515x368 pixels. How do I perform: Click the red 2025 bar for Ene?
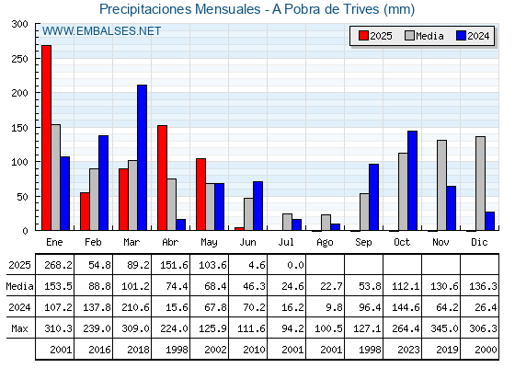click(46, 138)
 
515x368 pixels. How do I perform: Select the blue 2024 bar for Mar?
click(143, 157)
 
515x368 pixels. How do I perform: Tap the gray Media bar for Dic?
click(480, 183)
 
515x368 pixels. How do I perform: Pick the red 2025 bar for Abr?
click(162, 178)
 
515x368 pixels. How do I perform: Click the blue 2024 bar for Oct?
click(413, 180)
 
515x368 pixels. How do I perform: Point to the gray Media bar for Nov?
click(441, 185)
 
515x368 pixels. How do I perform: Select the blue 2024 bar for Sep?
click(373, 197)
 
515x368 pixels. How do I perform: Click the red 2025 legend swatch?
click(363, 36)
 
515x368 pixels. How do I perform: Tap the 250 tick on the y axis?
click(19, 59)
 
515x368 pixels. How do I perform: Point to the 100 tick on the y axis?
click(19, 162)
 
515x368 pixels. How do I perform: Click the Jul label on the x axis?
click(286, 242)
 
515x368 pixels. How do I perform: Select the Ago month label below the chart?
click(325, 243)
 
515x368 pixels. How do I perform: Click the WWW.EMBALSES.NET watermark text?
click(101, 31)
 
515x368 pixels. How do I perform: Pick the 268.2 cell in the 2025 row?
click(58, 265)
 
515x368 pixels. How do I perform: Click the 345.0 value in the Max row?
click(444, 328)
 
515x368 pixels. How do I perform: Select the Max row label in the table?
click(19, 328)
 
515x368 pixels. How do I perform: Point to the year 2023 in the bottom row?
click(409, 350)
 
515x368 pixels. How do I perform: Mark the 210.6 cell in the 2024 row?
click(135, 307)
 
